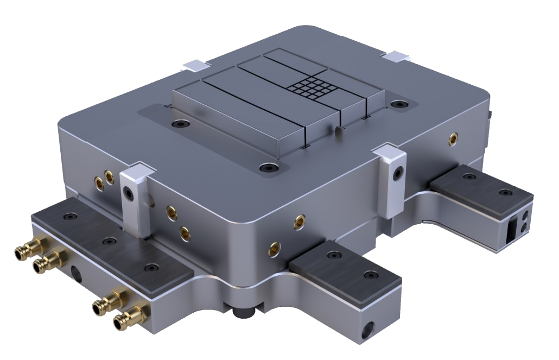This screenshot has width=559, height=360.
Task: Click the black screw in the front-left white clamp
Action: [129, 194]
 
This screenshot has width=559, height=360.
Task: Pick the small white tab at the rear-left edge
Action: [195, 65]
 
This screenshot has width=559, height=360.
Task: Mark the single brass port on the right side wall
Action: [452, 140]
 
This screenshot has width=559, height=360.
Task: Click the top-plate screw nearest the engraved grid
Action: [401, 104]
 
